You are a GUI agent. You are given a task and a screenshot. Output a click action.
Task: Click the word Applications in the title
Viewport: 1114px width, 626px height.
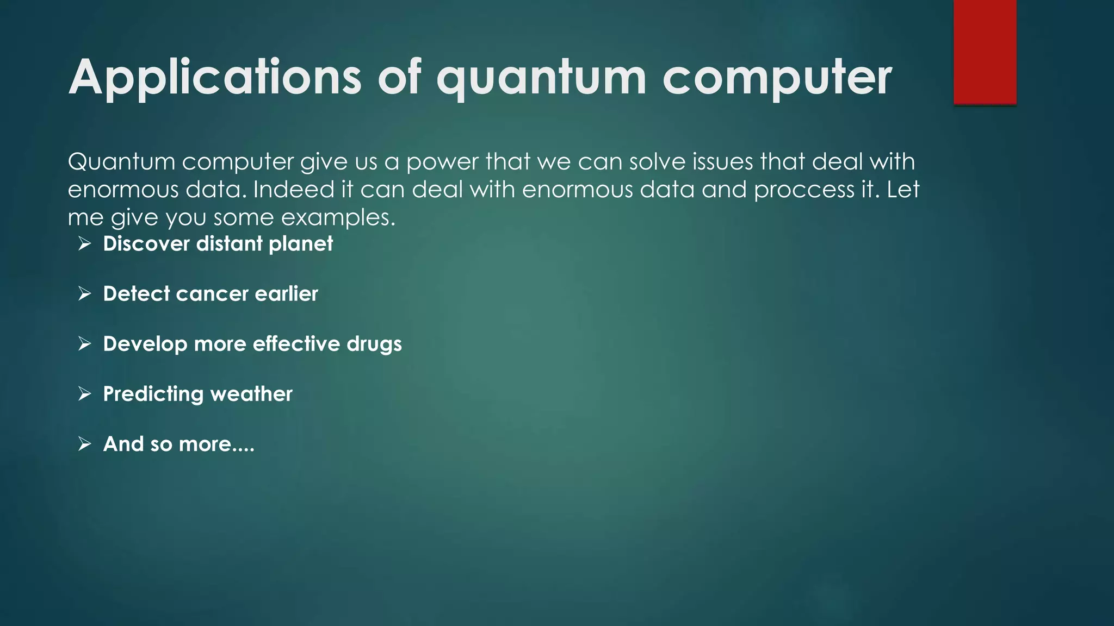point(215,77)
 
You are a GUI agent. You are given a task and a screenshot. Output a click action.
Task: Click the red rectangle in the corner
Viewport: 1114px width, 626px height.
point(985,52)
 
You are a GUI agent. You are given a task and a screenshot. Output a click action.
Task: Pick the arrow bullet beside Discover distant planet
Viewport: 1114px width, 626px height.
point(84,243)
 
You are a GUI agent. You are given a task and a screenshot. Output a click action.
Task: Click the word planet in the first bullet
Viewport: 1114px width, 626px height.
point(300,244)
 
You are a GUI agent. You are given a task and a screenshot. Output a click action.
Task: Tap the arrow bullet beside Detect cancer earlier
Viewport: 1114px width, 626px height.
point(84,294)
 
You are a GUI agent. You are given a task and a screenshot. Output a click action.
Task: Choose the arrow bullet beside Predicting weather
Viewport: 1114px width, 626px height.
point(84,394)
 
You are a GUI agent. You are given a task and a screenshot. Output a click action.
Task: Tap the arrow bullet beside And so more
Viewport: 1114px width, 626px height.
point(84,444)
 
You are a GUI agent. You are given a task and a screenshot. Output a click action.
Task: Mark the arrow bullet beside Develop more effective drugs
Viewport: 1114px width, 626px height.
point(84,344)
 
